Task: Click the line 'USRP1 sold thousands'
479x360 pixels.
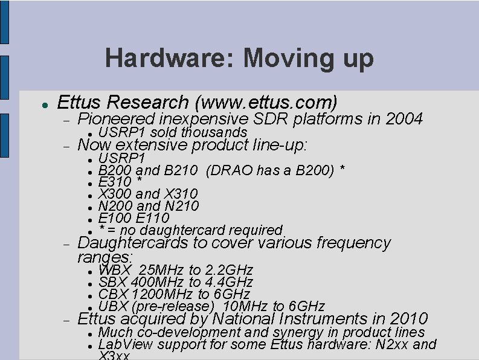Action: [x=172, y=132]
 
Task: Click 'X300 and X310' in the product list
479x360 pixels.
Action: [x=147, y=194]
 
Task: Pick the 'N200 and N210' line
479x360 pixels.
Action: [x=148, y=206]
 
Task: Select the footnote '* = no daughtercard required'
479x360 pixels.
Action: [x=190, y=230]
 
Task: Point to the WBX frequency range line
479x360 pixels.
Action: [x=175, y=269]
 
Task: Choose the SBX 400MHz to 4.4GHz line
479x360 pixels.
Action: [x=175, y=281]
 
